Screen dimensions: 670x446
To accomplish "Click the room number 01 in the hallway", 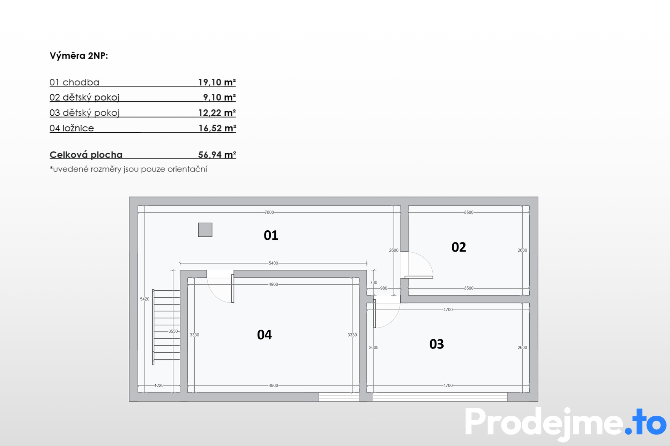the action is tap(271, 236).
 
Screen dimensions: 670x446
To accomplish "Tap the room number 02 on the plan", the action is tap(459, 247).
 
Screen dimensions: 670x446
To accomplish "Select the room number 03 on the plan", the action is tap(437, 344).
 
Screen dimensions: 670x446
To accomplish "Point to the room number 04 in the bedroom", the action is tap(264, 335).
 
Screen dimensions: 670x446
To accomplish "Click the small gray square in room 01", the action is tap(205, 230).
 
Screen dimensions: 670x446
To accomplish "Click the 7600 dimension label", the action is tap(269, 212).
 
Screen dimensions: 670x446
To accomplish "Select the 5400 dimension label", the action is tap(273, 263).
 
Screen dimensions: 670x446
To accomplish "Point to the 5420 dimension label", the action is tap(144, 299).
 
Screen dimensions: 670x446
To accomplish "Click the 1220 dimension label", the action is tap(159, 385).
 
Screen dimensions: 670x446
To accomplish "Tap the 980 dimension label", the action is tap(384, 288).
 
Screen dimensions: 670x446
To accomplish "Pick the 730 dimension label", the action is tap(374, 283).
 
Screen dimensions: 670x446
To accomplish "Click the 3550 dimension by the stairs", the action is tap(173, 331).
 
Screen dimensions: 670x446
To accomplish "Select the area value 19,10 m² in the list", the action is tap(217, 82).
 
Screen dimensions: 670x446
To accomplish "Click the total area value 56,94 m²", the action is tap(217, 155).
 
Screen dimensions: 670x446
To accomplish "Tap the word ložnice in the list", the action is tap(78, 128).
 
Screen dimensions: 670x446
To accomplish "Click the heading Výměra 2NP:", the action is tap(79, 56).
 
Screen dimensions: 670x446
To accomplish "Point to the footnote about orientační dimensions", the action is tap(128, 169).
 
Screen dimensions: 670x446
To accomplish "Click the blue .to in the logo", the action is tap(646, 422).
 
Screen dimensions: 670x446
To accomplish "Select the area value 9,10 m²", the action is tap(219, 97).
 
